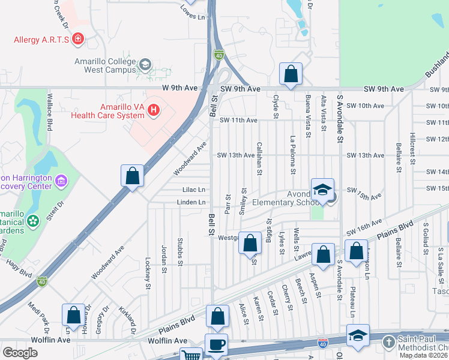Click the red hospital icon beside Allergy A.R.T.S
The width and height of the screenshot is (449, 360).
pos(77,40)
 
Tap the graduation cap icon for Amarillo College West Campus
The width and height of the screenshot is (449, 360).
pos(145,64)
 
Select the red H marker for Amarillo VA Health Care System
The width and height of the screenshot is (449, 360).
pos(154,110)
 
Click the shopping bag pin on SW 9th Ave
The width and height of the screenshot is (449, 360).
pos(291,75)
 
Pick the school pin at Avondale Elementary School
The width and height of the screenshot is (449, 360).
pos(322,190)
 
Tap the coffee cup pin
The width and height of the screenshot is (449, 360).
pos(217,345)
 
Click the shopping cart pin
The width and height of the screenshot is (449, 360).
pos(191,355)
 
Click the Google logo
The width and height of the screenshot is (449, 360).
pos(20,352)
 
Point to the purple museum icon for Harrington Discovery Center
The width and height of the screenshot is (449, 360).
pos(61,181)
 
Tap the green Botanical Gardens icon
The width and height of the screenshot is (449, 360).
pos(33,221)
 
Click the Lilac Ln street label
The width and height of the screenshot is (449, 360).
pos(194,190)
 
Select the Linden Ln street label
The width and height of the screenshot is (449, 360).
pos(191,202)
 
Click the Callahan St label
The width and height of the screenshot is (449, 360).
pos(259,158)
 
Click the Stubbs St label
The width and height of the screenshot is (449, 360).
pos(179,252)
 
